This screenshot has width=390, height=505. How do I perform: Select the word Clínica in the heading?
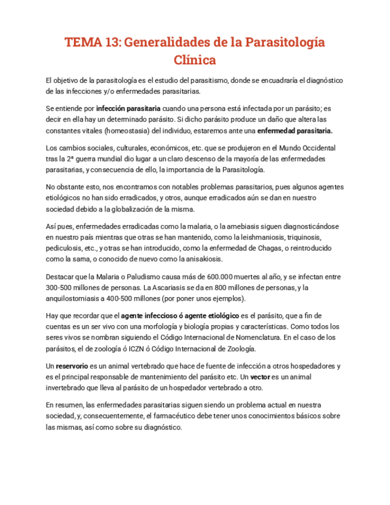tap(195, 60)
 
